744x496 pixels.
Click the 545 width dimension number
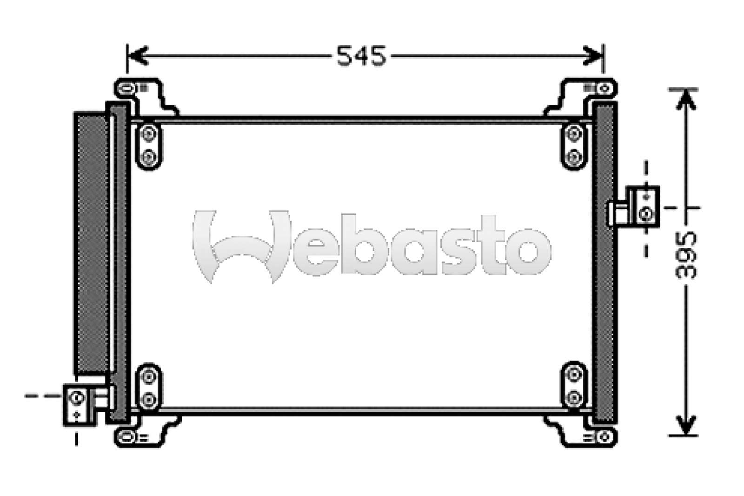tap(361, 56)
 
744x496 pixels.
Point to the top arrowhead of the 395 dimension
tap(686, 98)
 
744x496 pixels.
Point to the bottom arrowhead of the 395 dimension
tap(686, 426)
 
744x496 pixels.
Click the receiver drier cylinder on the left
tap(92, 242)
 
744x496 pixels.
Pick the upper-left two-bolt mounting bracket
tap(148, 146)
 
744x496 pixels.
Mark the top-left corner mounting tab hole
tap(126, 87)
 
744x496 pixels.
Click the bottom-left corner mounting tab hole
tap(126, 437)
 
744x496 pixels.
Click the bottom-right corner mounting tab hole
tap(604, 437)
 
